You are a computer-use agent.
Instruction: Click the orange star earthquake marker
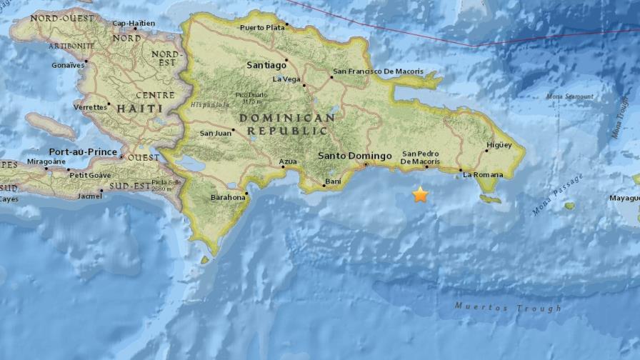[x=420, y=194]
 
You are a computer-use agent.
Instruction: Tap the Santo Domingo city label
[x=354, y=156]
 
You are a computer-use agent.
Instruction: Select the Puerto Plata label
[x=261, y=28]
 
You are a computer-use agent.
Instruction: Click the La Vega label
[x=287, y=79]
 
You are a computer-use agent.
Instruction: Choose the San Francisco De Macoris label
[x=378, y=71]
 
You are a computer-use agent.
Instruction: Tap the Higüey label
[x=499, y=145]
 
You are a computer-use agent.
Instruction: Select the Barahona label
[x=228, y=198]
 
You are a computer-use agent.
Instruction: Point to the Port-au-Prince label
[x=82, y=151]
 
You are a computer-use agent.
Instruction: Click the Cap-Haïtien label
[x=134, y=24]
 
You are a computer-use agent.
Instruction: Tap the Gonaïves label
[x=69, y=64]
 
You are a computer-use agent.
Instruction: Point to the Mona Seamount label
[x=569, y=96]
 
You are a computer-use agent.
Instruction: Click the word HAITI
[x=130, y=108]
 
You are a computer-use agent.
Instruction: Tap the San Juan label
[x=214, y=133]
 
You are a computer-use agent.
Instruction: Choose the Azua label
[x=288, y=161]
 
